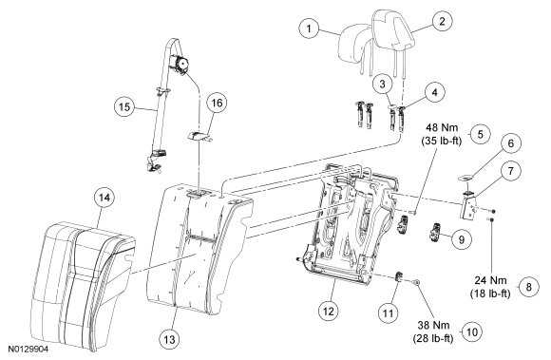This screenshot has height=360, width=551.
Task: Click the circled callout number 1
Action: pyautogui.click(x=309, y=28)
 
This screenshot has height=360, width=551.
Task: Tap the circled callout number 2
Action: pyautogui.click(x=442, y=22)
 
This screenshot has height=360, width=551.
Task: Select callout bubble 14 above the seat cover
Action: pyautogui.click(x=104, y=198)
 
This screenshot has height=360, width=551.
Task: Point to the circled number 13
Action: pyautogui.click(x=169, y=339)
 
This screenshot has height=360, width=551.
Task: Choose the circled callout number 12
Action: pyautogui.click(x=329, y=311)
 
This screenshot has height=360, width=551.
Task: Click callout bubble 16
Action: pyautogui.click(x=217, y=103)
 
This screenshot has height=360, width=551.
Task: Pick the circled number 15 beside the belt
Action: pyautogui.click(x=124, y=106)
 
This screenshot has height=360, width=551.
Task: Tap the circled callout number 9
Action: pyautogui.click(x=462, y=239)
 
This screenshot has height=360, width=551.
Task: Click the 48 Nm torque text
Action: pyautogui.click(x=442, y=126)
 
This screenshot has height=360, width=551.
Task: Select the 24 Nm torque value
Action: pyautogui.click(x=490, y=280)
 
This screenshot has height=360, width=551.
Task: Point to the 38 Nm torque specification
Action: pyautogui.click(x=433, y=325)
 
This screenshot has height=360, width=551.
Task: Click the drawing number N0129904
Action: pyautogui.click(x=28, y=350)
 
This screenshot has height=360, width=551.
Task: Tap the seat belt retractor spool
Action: pyautogui.click(x=180, y=65)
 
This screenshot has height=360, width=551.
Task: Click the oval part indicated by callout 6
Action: pyautogui.click(x=465, y=179)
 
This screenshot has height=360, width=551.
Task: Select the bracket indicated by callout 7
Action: pyautogui.click(x=468, y=207)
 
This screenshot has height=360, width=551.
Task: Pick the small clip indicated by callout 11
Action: pyautogui.click(x=399, y=276)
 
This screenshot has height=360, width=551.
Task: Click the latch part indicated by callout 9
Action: pyautogui.click(x=435, y=233)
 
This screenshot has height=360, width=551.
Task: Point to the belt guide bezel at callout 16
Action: pyautogui.click(x=199, y=136)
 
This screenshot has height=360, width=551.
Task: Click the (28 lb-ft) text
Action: pyautogui.click(x=433, y=338)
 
